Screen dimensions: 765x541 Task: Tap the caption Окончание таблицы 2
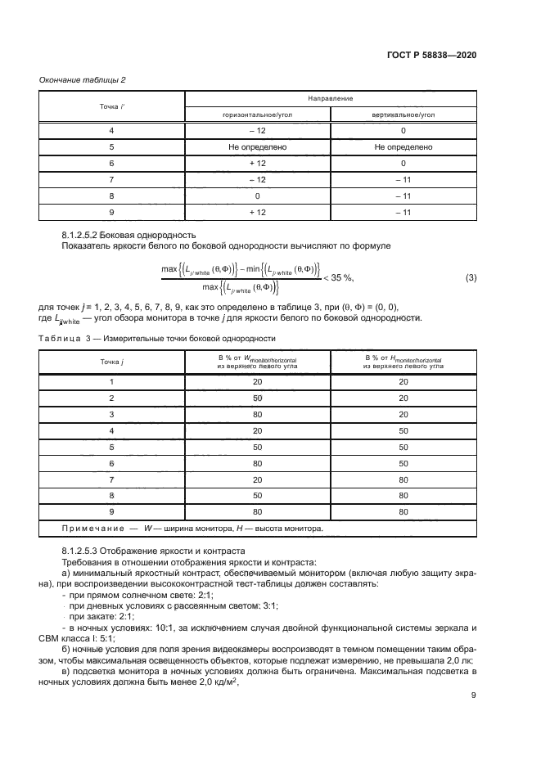82,79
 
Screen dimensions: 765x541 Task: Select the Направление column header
331,98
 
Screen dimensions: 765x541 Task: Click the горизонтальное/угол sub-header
258,115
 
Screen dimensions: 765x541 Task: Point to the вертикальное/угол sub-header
403,115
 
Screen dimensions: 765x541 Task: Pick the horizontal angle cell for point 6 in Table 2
258,164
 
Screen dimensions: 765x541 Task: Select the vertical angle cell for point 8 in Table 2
403,197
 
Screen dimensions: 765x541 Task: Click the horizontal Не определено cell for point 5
258,147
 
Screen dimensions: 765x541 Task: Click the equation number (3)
471,278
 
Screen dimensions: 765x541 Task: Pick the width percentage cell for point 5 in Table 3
258,448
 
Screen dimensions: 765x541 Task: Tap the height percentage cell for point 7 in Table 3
403,479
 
